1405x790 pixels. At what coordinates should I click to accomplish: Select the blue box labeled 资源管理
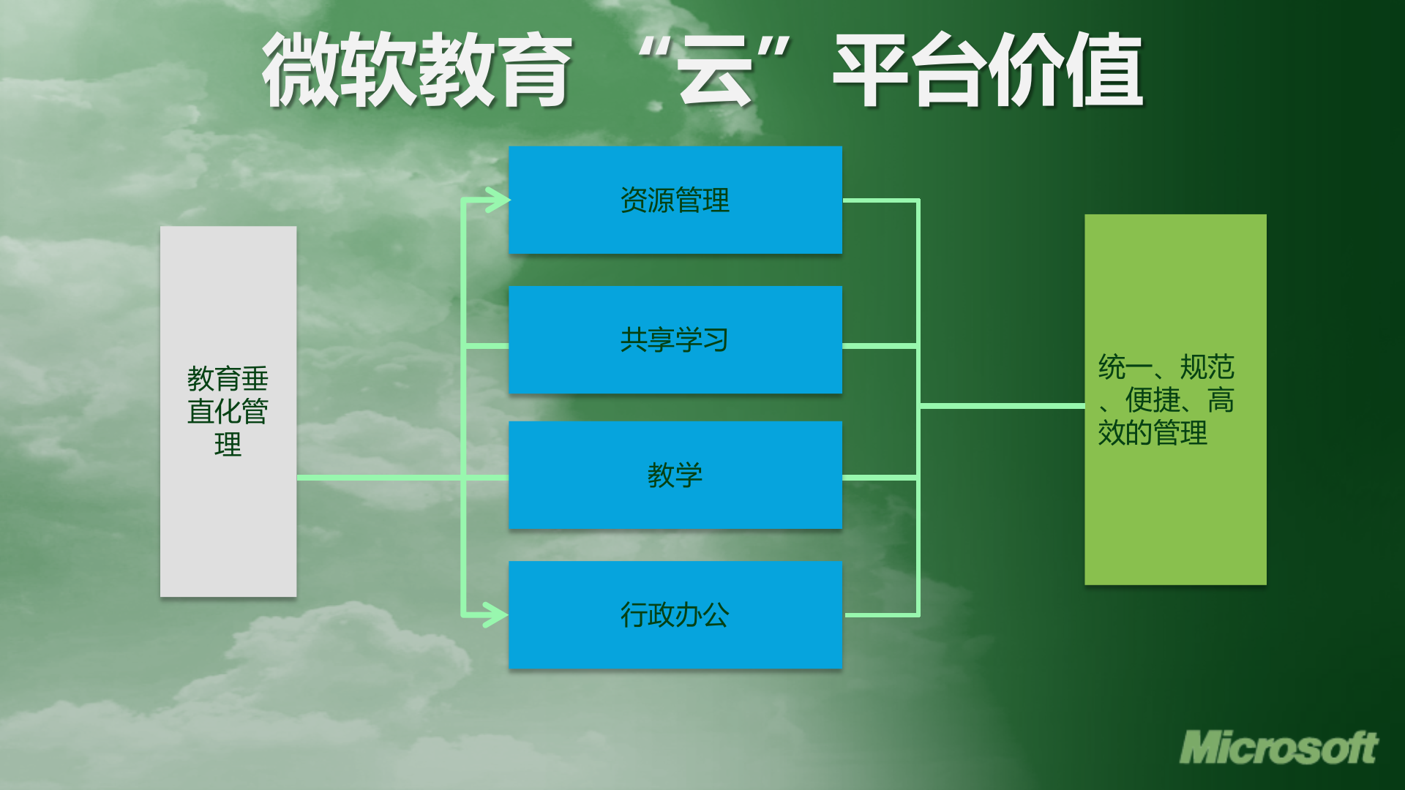pyautogui.click(x=675, y=200)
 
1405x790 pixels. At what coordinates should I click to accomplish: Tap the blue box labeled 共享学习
pyautogui.click(x=675, y=339)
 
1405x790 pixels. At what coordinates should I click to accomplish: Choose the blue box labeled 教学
pyautogui.click(x=675, y=475)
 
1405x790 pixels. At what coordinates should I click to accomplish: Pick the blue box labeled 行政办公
pyautogui.click(x=675, y=614)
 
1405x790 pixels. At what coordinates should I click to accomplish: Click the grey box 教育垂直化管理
pyautogui.click(x=228, y=411)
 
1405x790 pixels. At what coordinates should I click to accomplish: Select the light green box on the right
pyautogui.click(x=1175, y=399)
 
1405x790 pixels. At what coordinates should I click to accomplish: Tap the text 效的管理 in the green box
pyautogui.click(x=1153, y=433)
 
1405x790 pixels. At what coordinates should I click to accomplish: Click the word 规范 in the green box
pyautogui.click(x=1207, y=366)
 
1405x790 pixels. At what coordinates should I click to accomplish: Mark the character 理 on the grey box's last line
pyautogui.click(x=228, y=445)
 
